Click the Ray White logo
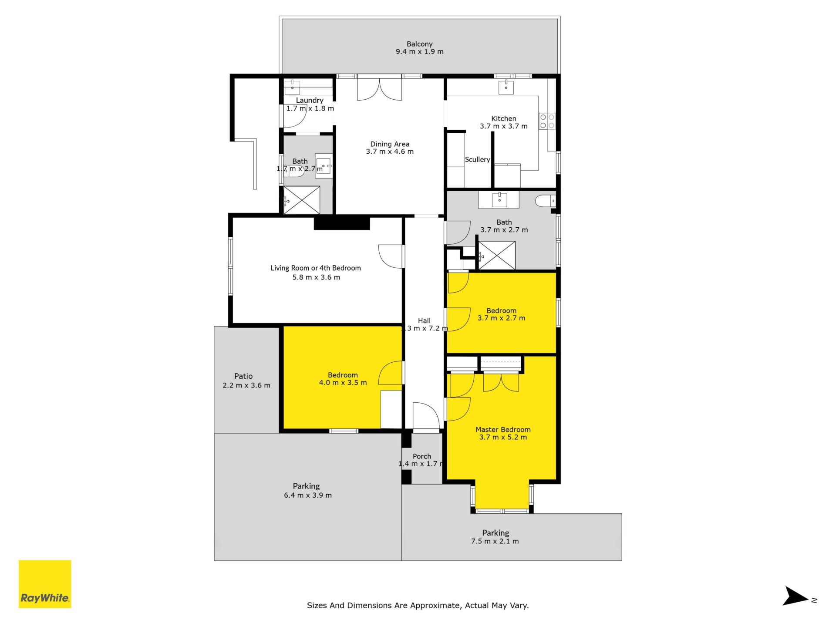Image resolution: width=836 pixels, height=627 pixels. [45, 584]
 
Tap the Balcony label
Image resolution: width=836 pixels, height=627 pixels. [420, 44]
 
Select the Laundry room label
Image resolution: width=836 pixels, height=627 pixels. [310, 101]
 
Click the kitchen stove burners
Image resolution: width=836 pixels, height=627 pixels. [547, 121]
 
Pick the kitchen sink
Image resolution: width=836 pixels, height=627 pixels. [506, 87]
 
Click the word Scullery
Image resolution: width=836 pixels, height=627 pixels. [477, 160]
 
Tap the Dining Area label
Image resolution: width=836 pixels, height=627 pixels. [390, 144]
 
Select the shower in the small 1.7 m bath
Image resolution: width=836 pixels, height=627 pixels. [302, 200]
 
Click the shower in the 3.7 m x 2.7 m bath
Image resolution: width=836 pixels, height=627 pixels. [497, 255]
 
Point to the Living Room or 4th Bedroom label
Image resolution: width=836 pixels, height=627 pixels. [316, 268]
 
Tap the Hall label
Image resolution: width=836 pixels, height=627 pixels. [424, 321]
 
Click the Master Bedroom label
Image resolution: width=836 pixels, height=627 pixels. [503, 430]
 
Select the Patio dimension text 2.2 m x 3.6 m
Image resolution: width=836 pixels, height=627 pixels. [246, 385]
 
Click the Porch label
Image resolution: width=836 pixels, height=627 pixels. [422, 456]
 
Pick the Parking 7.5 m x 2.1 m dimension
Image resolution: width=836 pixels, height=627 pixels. [495, 541]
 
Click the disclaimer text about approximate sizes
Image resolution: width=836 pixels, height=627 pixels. [418, 605]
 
